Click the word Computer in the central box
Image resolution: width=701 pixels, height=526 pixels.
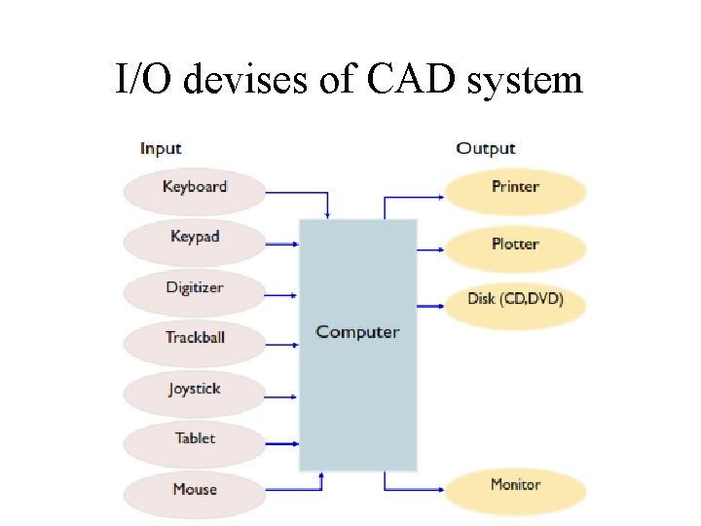[x=357, y=332]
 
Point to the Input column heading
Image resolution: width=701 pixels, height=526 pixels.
[x=161, y=148]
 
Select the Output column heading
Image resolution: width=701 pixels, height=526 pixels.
[x=485, y=148]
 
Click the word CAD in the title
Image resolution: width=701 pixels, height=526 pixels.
[x=413, y=78]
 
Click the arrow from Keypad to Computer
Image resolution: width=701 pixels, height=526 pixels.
[x=280, y=244]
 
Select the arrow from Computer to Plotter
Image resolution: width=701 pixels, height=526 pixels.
[x=429, y=250]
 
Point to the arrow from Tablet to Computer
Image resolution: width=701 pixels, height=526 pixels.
[x=280, y=444]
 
